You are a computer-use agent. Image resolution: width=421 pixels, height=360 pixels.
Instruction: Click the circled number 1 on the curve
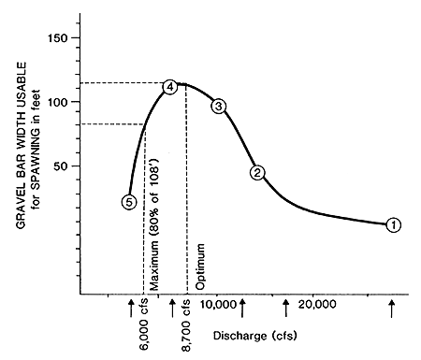click(394, 224)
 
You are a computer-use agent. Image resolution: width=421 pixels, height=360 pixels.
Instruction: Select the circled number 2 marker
click(258, 172)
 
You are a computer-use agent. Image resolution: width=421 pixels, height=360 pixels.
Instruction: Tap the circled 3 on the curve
click(219, 107)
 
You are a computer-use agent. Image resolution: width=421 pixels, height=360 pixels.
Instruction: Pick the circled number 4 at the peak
click(170, 87)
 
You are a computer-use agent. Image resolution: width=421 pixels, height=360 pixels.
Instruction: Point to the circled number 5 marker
click(129, 202)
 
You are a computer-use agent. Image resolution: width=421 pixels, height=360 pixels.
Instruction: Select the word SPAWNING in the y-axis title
click(32, 155)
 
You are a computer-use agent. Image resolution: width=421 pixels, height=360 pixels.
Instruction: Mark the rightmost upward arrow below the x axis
click(392, 306)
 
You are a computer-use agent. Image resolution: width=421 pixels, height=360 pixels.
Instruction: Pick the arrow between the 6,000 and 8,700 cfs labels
click(172, 306)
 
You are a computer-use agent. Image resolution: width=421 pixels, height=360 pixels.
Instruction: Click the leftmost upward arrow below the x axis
click(131, 306)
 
